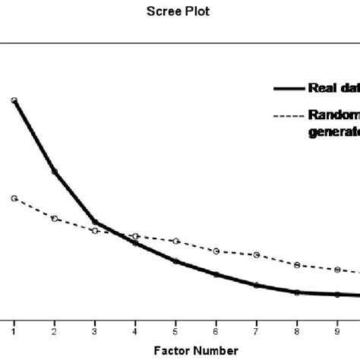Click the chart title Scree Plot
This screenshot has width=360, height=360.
[x=180, y=12]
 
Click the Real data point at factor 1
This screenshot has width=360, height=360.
[x=14, y=100]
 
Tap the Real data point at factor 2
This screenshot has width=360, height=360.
[x=55, y=172]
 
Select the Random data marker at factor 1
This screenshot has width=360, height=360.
[x=14, y=198]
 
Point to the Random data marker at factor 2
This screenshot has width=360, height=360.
[x=55, y=219]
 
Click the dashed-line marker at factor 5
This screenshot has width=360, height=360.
[x=176, y=241]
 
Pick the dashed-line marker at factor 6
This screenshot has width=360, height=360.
[x=216, y=251]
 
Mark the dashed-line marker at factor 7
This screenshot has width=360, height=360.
[x=257, y=254]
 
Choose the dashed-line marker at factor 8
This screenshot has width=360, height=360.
[x=298, y=265]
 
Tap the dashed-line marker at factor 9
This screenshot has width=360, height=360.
[x=338, y=270]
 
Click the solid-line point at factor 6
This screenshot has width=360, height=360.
[x=216, y=274]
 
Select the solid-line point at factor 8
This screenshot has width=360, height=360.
[x=298, y=292]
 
